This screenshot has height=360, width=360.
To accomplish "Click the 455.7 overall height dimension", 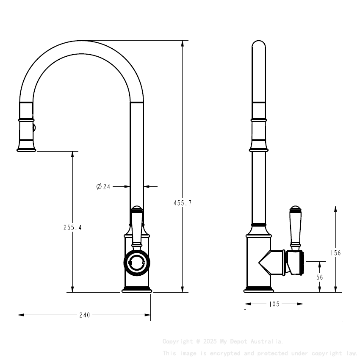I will click(x=183, y=203).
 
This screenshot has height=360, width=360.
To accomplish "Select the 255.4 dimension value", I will click(x=72, y=227).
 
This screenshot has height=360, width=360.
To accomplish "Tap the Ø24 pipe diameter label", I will click(x=103, y=186).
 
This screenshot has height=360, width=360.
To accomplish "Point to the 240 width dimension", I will click(x=85, y=315).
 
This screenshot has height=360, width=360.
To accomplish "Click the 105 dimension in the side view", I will click(x=274, y=304).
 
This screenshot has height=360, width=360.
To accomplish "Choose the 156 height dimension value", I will click(x=335, y=253).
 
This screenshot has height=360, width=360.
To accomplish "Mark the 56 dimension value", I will click(x=320, y=277).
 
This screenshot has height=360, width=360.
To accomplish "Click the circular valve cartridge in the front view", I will click(x=136, y=263).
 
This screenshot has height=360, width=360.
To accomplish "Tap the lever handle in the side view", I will click(x=295, y=227).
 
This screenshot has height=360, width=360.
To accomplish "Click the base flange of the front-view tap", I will click(x=136, y=290).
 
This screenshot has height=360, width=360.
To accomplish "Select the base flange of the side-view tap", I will click(x=258, y=290).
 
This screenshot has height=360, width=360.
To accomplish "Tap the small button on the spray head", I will click(x=35, y=127).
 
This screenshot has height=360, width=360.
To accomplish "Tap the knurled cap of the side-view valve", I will click(x=300, y=263).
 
